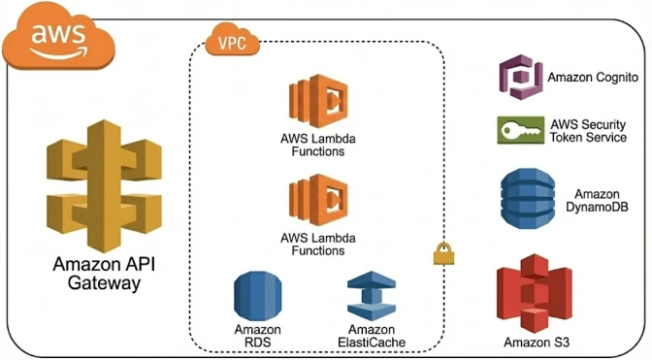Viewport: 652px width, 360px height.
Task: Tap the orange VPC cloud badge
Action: [233, 40]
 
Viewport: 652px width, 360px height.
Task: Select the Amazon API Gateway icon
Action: [104, 185]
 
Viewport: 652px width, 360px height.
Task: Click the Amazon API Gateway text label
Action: [104, 274]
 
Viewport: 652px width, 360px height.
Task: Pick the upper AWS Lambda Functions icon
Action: [318, 101]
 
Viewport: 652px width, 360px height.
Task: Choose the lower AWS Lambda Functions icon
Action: [318, 200]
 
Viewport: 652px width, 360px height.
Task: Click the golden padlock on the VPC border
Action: [443, 254]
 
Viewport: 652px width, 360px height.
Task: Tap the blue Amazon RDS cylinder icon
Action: [258, 296]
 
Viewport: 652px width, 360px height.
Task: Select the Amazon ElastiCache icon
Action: [372, 296]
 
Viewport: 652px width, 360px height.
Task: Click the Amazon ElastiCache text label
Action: [372, 336]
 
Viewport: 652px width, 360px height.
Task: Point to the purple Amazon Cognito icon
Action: [521, 78]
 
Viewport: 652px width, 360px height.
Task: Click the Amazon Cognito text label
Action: [593, 78]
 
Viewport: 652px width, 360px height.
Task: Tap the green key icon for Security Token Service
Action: [521, 130]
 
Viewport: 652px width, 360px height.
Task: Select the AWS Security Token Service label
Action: [588, 131]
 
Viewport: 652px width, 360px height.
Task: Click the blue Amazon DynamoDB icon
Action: [528, 199]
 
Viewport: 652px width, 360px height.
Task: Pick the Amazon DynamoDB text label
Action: [597, 200]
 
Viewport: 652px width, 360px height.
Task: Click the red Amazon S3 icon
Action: [535, 293]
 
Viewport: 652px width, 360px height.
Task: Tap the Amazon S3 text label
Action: [537, 343]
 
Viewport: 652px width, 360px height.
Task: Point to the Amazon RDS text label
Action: [258, 336]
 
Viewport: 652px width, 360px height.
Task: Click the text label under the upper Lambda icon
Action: [318, 145]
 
